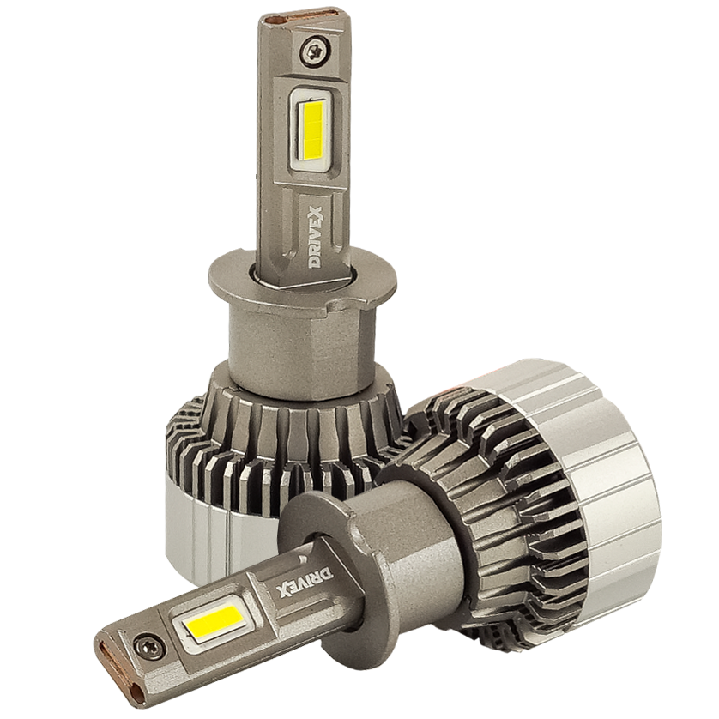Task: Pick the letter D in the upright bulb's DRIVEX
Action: (x=315, y=261)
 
